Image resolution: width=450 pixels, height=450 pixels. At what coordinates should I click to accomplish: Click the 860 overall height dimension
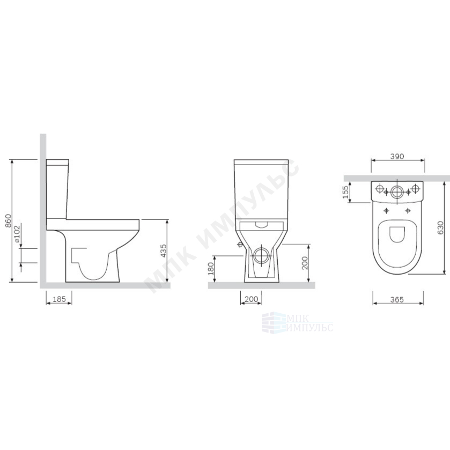click(9, 220)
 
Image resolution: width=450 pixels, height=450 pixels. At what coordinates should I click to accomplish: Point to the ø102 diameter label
click(17, 234)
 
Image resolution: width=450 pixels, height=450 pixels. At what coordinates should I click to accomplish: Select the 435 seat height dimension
click(163, 250)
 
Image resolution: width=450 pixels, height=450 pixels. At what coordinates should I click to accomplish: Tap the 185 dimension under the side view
click(59, 299)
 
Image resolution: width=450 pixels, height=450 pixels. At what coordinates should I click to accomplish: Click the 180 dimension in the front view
click(211, 269)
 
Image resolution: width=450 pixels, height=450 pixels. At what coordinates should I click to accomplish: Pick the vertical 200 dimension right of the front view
click(305, 263)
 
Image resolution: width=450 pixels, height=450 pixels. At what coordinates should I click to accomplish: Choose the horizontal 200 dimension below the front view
click(251, 299)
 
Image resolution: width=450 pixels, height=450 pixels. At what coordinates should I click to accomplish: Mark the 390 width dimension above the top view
click(397, 157)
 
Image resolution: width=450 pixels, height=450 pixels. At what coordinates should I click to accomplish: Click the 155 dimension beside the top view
click(345, 192)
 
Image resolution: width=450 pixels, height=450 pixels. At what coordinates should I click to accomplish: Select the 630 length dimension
click(440, 227)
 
